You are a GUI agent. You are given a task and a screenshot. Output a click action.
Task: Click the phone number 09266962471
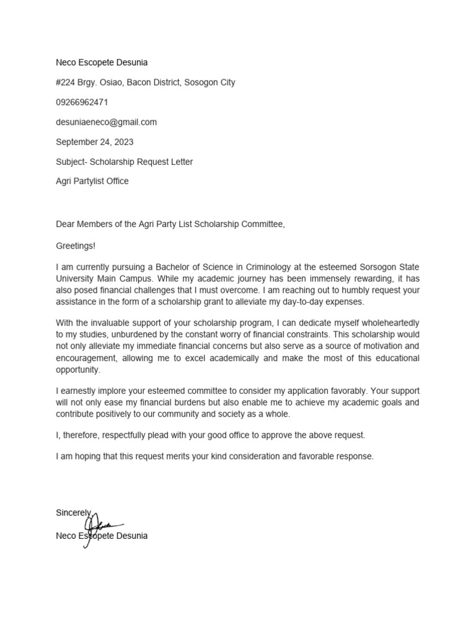point(82,102)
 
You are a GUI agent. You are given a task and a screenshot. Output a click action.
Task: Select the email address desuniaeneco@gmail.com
point(106,122)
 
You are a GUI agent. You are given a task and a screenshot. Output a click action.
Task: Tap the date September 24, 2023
point(94,142)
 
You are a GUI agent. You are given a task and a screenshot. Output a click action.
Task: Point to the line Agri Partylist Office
point(92,182)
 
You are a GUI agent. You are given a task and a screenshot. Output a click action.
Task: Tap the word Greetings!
point(76,246)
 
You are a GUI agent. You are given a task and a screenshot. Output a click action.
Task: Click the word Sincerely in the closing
point(73,513)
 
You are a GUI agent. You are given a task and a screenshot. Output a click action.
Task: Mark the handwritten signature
point(99,527)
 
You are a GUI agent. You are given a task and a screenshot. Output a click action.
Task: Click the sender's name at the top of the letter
point(102,63)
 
